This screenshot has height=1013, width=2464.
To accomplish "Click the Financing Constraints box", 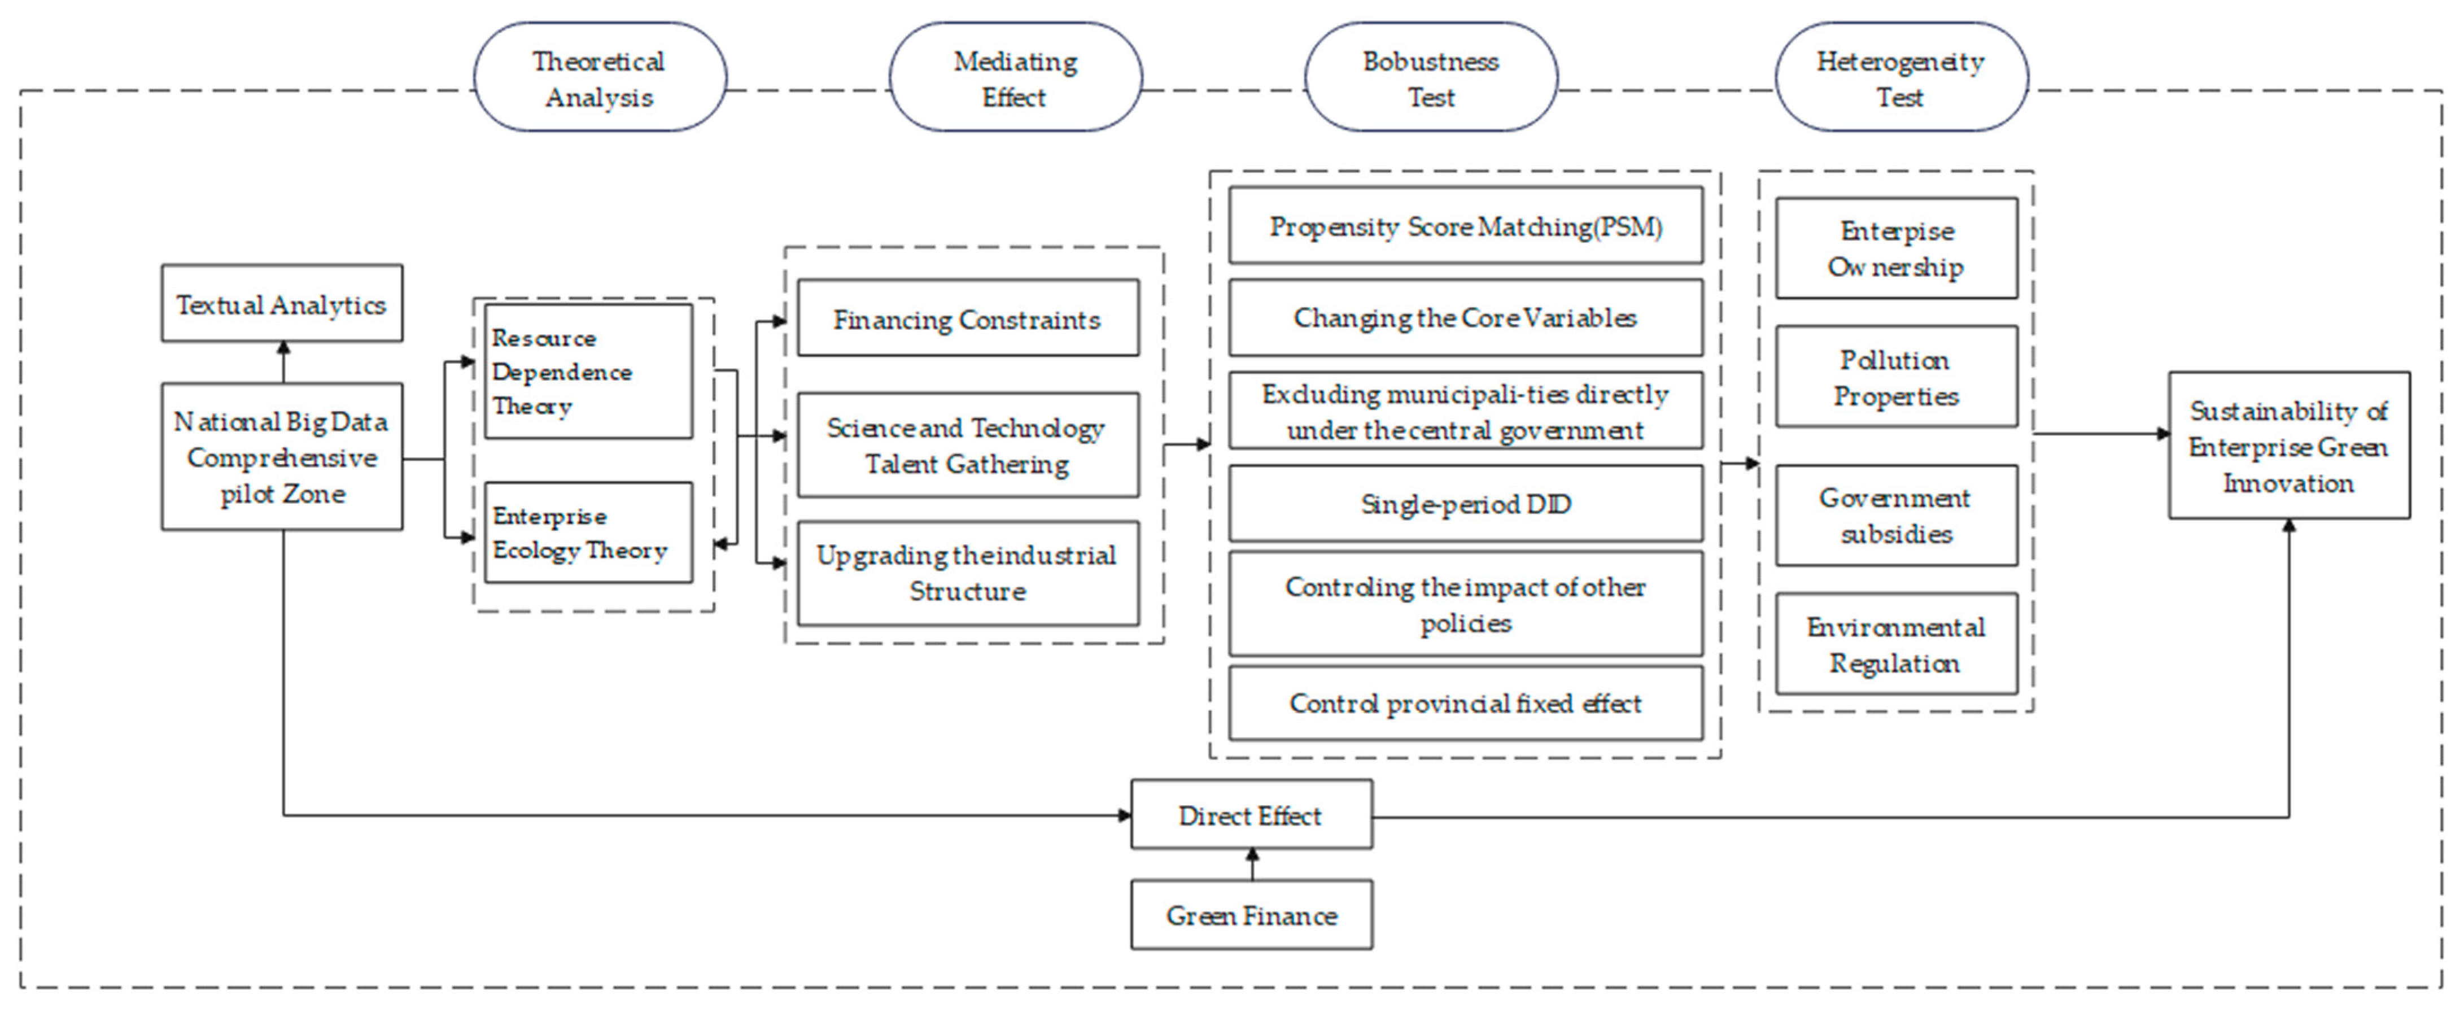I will (967, 318).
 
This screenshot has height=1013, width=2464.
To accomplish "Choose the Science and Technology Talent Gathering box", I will (967, 445).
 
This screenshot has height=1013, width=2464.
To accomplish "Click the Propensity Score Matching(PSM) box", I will (1465, 226).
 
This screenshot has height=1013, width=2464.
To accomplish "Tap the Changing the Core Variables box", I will (1465, 317).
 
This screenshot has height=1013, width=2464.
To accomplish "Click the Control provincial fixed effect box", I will (1465, 703).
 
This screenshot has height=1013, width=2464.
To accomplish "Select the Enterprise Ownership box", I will (1896, 248).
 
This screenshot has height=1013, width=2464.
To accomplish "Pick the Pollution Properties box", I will (1896, 376).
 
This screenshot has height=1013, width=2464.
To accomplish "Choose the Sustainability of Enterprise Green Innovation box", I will (2288, 446).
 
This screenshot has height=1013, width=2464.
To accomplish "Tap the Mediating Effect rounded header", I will (1015, 78).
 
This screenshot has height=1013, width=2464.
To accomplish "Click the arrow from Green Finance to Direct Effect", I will (1252, 864).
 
